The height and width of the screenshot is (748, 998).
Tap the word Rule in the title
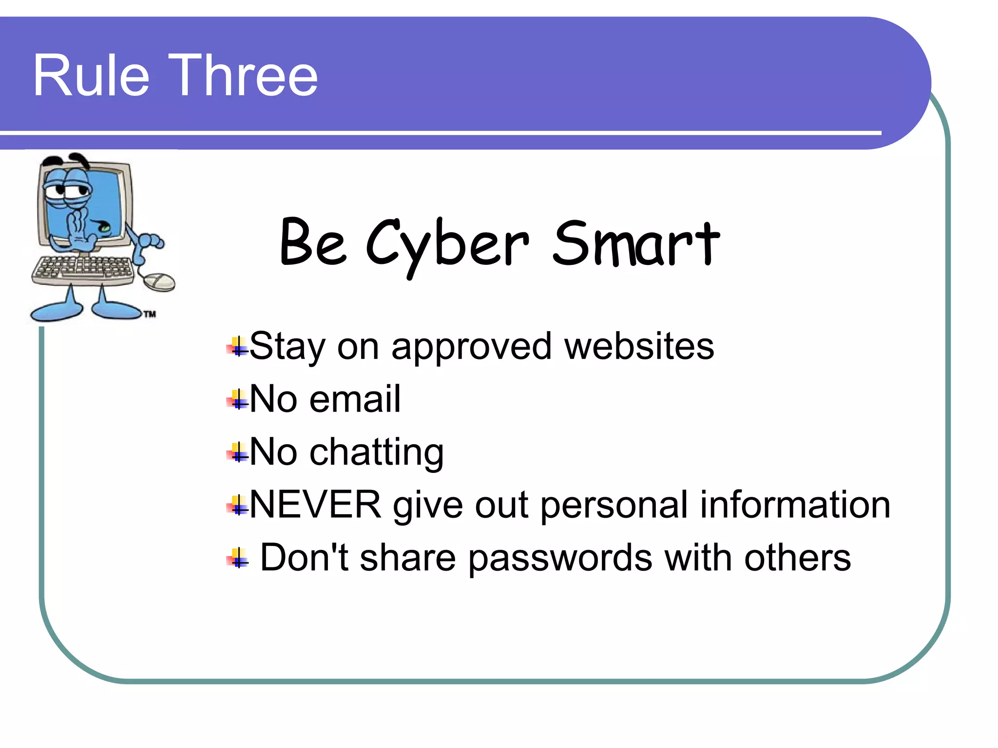91,76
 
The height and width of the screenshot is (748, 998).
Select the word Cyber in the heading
447,243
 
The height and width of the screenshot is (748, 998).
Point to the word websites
639,346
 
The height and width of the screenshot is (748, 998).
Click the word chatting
377,452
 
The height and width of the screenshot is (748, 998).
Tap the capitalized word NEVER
315,505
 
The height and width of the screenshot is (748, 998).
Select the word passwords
560,558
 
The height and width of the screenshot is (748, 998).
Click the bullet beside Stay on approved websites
237,347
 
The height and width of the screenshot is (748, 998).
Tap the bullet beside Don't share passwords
237,559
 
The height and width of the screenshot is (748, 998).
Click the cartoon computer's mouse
159,281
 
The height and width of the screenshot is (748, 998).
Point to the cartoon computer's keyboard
83,269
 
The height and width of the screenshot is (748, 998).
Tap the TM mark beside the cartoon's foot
150,314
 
